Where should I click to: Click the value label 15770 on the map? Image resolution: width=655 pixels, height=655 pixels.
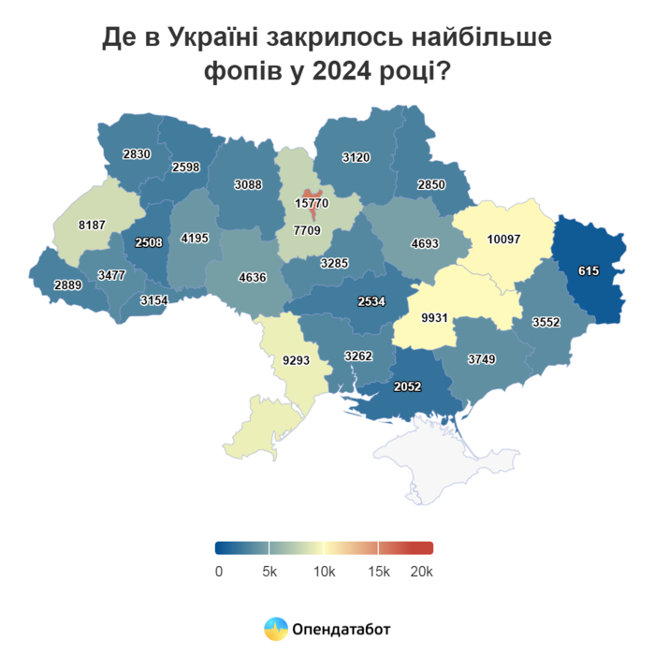pyautogui.click(x=312, y=203)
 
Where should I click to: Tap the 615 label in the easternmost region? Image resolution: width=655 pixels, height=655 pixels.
pyautogui.click(x=588, y=270)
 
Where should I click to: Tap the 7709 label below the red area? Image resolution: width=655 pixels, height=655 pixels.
pyautogui.click(x=307, y=230)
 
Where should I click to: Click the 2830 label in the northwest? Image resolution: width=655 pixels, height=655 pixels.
pyautogui.click(x=137, y=154)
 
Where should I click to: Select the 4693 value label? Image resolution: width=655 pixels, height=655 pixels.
pyautogui.click(x=425, y=245)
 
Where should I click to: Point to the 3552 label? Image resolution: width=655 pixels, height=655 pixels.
pyautogui.click(x=546, y=322)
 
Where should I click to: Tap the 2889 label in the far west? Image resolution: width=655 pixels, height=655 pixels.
pyautogui.click(x=66, y=284)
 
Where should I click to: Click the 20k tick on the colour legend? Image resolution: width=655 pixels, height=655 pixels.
pyautogui.click(x=423, y=571)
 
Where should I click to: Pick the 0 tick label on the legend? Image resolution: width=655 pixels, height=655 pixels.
pyautogui.click(x=218, y=571)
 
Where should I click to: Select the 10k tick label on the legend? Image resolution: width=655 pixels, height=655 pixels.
pyautogui.click(x=324, y=571)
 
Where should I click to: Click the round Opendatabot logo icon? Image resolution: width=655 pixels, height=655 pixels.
pyautogui.click(x=276, y=628)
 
